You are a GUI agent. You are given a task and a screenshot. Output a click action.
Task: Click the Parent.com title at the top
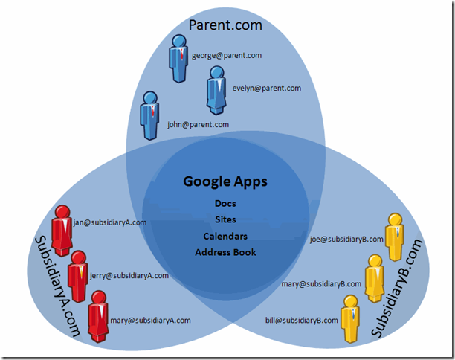(x=225, y=25)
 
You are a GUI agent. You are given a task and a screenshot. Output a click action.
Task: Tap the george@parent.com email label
(x=227, y=56)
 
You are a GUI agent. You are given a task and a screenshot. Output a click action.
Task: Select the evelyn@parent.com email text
(x=267, y=89)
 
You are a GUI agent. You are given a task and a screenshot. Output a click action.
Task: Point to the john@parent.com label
(x=198, y=124)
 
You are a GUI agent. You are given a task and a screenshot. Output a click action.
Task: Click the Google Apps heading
(x=225, y=182)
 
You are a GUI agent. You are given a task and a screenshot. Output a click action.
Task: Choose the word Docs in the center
(x=225, y=203)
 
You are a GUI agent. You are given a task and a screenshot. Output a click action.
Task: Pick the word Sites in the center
(x=225, y=219)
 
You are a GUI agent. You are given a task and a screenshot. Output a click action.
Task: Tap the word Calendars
(x=225, y=236)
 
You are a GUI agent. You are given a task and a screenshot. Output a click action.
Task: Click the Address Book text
(x=225, y=252)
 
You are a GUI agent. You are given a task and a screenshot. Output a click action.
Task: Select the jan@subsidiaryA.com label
(x=110, y=222)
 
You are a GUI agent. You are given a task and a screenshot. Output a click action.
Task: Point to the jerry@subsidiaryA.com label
(x=129, y=276)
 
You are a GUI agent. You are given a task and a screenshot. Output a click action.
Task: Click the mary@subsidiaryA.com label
(x=151, y=321)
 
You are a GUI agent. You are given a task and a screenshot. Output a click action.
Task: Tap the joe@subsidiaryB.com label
(x=346, y=240)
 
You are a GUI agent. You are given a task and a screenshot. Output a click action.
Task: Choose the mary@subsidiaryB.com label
(x=321, y=284)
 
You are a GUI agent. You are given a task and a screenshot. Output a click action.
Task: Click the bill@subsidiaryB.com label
(x=302, y=321)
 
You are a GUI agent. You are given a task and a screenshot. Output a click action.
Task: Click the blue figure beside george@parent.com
(x=178, y=59)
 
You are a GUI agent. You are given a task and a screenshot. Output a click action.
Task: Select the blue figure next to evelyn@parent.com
(x=217, y=90)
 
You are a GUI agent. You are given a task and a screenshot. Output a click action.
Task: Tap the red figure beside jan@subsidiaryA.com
(x=62, y=231)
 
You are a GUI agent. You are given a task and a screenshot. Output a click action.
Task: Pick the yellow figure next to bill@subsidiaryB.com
(x=350, y=319)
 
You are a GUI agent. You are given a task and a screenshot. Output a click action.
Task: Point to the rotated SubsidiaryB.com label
(x=397, y=289)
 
